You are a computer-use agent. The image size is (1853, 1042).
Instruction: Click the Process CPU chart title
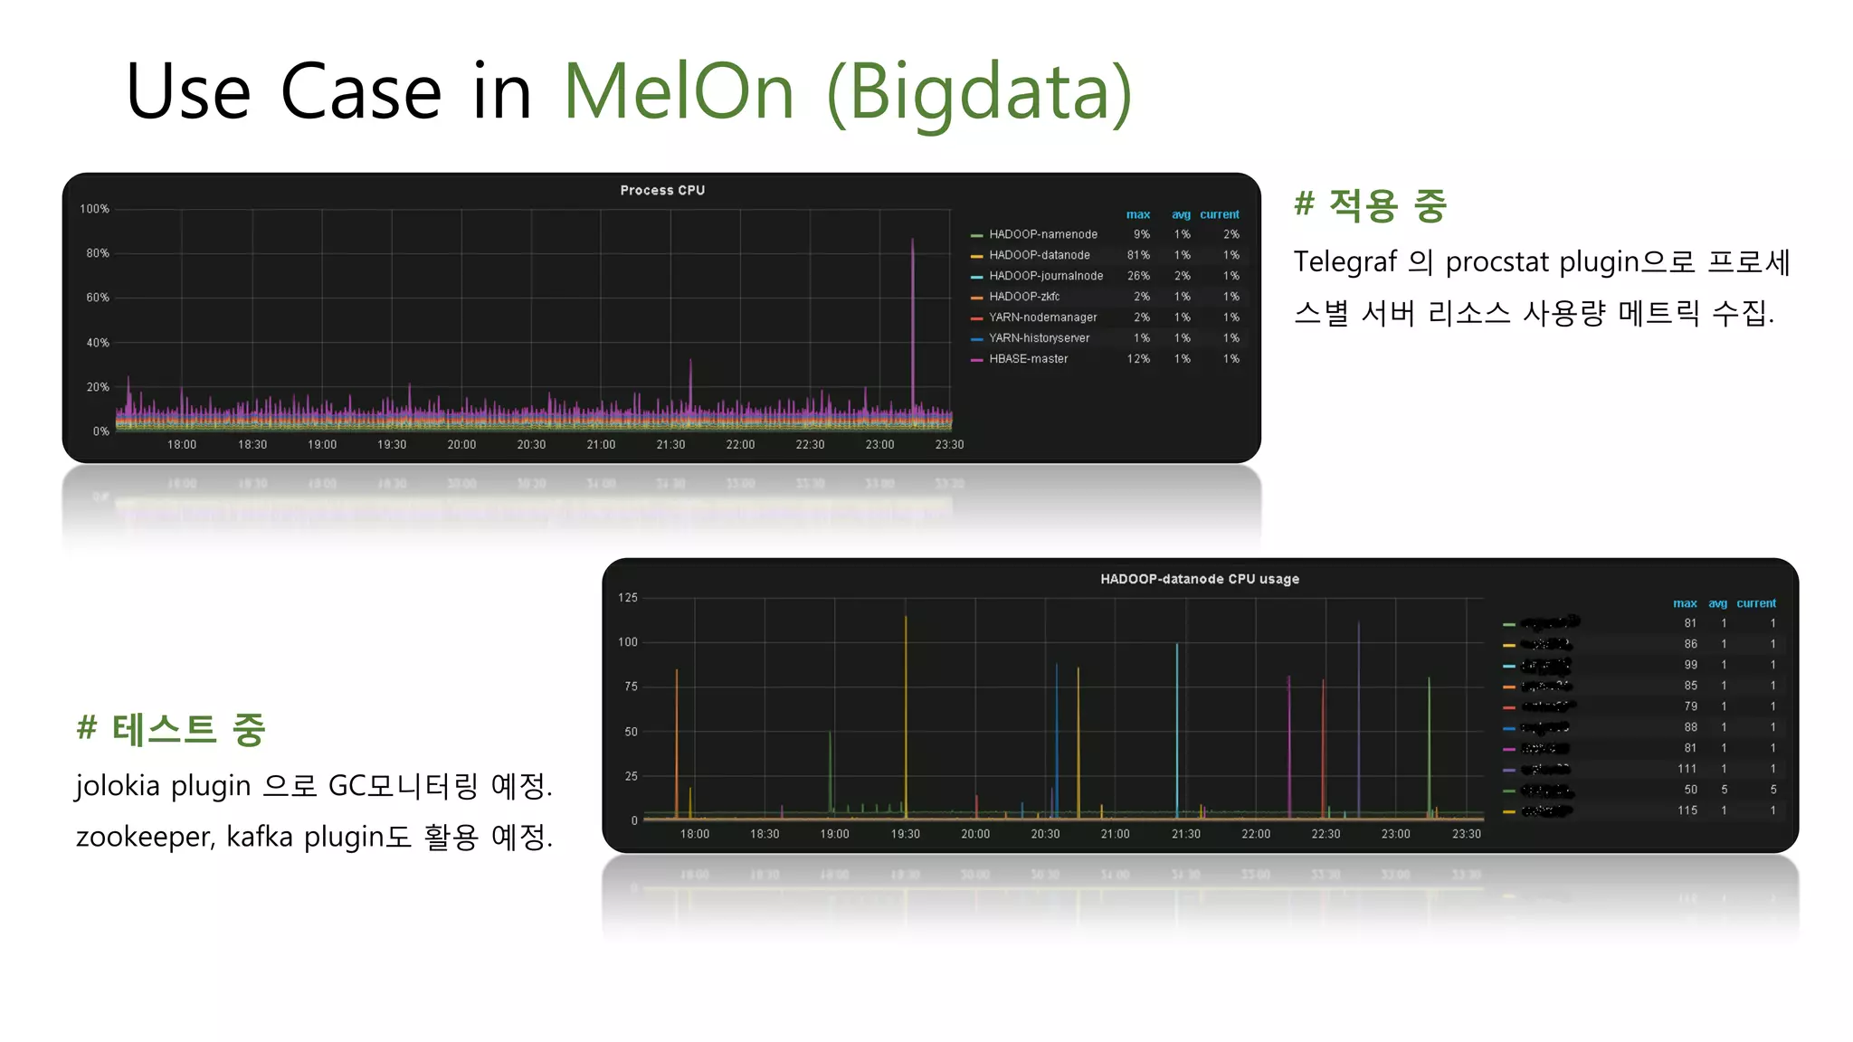click(662, 190)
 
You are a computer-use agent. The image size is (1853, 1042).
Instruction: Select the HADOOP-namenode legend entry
click(1042, 234)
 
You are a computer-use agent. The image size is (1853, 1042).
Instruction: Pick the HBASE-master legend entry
click(1028, 359)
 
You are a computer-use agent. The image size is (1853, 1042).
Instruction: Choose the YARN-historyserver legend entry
click(1039, 338)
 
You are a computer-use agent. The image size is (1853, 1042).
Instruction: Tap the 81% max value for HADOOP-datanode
click(1138, 255)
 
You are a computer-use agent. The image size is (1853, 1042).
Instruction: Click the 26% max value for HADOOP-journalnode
click(1138, 276)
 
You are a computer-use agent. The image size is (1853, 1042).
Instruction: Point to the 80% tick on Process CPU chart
click(98, 253)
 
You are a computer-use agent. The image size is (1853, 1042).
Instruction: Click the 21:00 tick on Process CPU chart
click(601, 445)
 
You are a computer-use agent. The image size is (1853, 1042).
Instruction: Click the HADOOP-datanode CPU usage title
click(1200, 579)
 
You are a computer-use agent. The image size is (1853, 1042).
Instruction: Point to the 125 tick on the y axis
click(628, 598)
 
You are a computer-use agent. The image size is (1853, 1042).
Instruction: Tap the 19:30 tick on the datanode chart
click(905, 834)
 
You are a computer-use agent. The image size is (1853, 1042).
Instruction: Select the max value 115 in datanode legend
click(1687, 810)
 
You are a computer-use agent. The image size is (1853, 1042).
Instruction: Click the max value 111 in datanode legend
click(1687, 769)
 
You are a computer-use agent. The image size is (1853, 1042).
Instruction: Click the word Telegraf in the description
click(1345, 262)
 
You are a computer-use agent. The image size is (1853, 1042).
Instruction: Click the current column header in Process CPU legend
click(1219, 214)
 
